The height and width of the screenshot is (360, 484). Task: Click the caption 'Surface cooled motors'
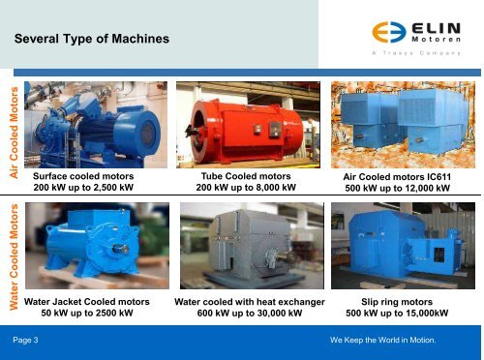tap(83, 177)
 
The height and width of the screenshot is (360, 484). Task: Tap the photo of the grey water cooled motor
tap(246, 249)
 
